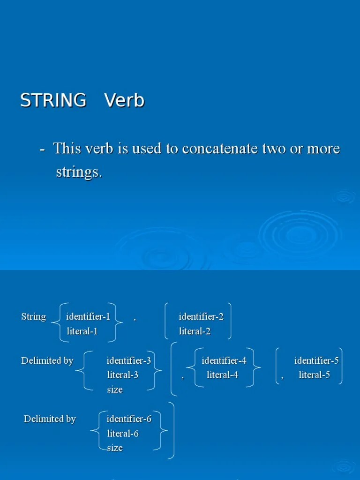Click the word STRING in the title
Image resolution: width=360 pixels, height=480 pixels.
point(53,101)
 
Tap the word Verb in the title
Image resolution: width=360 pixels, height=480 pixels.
point(124,101)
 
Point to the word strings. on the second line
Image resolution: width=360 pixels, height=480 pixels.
point(78,172)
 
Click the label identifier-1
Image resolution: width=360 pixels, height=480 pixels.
point(88,317)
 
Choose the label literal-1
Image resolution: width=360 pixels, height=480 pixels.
point(82,331)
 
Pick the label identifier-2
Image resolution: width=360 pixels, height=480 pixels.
point(201,317)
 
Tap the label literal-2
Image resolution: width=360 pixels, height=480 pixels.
point(195,331)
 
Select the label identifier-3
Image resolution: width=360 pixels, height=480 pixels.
point(129,361)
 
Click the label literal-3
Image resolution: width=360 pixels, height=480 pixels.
point(123,375)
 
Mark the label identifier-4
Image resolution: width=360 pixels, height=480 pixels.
point(224,361)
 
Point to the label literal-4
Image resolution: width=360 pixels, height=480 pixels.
point(222,375)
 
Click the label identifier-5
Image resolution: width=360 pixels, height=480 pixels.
point(316,361)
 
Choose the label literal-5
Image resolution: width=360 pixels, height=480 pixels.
point(315,375)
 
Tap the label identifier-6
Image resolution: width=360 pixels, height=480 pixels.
point(129,419)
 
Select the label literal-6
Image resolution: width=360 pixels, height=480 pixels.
point(123,434)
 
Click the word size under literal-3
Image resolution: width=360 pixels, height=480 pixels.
point(115,390)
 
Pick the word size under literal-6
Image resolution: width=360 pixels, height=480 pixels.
point(115,448)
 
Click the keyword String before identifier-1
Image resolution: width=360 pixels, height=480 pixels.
point(34,317)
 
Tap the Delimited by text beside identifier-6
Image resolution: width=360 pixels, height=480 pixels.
point(50,419)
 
